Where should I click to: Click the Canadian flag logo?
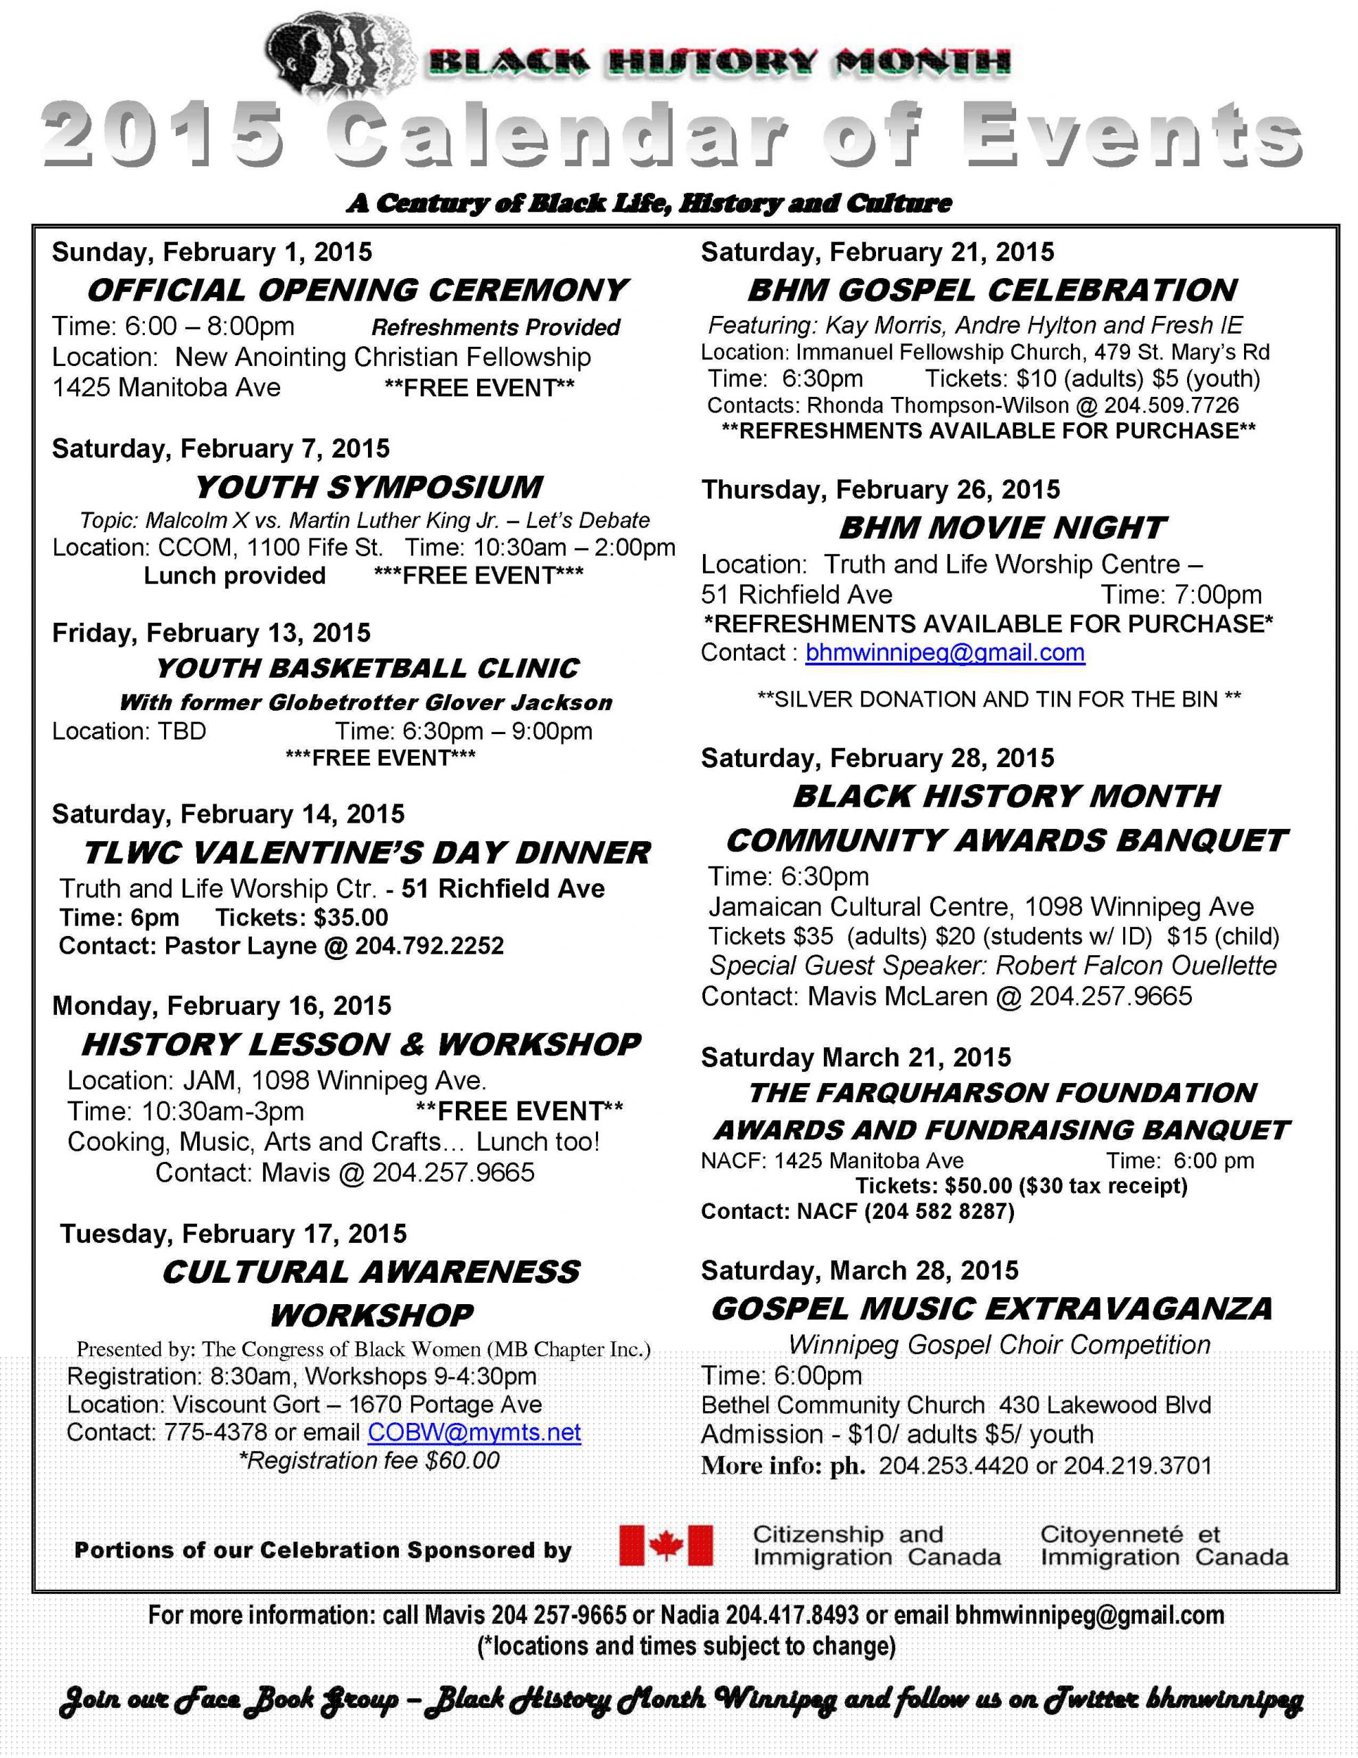[x=666, y=1546]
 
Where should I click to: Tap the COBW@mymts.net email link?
[x=474, y=1432]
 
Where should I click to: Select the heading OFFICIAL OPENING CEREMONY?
[x=358, y=290]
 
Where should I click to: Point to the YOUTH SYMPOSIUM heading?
[x=369, y=487]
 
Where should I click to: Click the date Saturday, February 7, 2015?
[x=220, y=448]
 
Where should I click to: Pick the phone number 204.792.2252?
[x=429, y=945]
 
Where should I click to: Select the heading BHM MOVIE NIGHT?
[x=1002, y=528]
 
